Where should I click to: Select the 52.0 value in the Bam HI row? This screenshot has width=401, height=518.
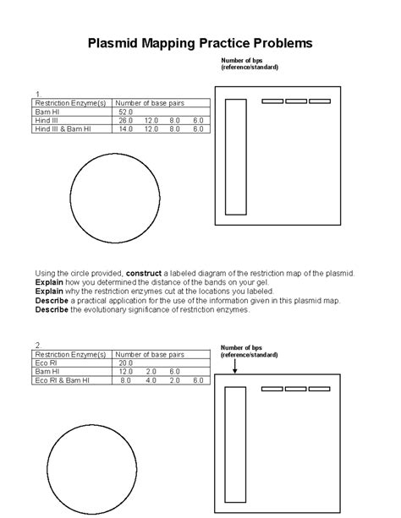point(126,112)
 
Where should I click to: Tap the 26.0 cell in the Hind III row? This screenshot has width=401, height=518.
point(126,120)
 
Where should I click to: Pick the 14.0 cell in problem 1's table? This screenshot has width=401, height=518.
point(126,128)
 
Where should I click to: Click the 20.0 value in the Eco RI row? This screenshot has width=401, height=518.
point(126,363)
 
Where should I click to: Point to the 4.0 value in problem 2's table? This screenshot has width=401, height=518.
point(151,380)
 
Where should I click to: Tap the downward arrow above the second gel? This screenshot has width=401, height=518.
point(236,364)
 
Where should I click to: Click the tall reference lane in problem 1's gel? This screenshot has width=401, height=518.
point(236,157)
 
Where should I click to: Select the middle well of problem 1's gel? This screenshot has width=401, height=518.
point(296,101)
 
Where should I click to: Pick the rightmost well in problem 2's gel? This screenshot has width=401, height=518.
point(319,389)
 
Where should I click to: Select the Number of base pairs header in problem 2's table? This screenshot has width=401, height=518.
point(150,354)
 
